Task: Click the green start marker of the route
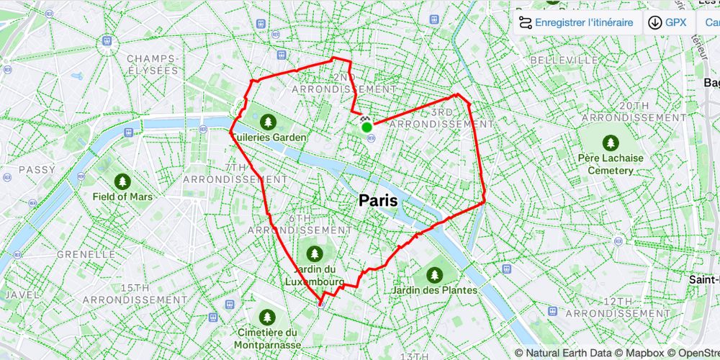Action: click(366, 127)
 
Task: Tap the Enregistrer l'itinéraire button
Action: click(576, 22)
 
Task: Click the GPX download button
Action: click(667, 22)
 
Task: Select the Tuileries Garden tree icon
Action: click(269, 121)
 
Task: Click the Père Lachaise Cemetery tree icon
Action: click(611, 142)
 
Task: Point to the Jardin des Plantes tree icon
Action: click(433, 274)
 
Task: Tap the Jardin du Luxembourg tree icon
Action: click(314, 253)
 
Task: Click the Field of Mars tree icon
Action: click(122, 180)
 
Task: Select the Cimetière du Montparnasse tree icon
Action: click(267, 317)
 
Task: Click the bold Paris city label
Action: click(378, 201)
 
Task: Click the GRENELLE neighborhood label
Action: click(86, 254)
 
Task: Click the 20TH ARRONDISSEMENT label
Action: click(634, 111)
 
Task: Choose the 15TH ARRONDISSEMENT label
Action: click(135, 293)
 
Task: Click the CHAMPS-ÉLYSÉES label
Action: click(152, 64)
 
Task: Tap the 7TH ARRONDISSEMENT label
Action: click(225, 173)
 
